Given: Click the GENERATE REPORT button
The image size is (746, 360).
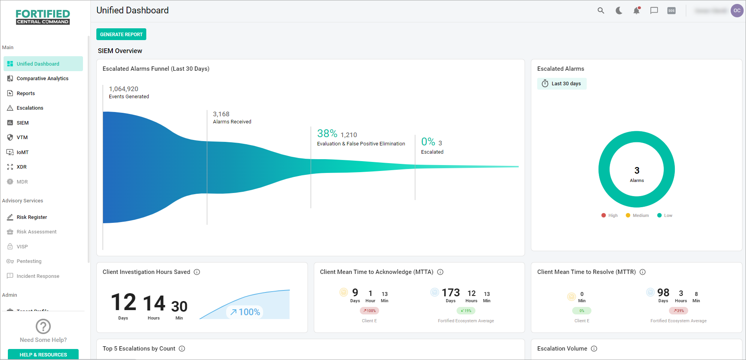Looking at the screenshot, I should pos(121,34).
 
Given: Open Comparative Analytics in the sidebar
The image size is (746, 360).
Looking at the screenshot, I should pos(42,79).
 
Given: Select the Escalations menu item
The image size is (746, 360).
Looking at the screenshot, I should pos(30,108).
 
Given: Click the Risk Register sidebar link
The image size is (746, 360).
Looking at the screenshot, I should pos(31,217).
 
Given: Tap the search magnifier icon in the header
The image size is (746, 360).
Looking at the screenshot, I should pos(600,11).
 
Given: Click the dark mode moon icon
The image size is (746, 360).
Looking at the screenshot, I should pos(619,11).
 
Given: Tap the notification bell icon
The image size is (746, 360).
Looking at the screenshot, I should pos(636,11).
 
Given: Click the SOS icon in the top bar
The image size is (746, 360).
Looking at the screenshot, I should pos(671,11).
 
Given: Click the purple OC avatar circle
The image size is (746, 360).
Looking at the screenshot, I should pos(737,11).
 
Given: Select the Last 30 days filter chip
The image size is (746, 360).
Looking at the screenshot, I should pos(562,84).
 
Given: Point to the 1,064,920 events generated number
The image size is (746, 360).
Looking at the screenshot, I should pos(123,89).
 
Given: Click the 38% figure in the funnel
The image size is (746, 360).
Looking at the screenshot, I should pos(327,134).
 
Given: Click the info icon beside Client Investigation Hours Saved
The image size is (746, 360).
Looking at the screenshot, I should pos(197,272).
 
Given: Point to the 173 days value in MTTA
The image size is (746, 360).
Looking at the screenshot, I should pos(451,293).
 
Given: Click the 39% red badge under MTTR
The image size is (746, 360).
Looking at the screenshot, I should pos(678,311).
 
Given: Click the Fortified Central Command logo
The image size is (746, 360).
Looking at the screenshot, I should pos(43,17).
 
